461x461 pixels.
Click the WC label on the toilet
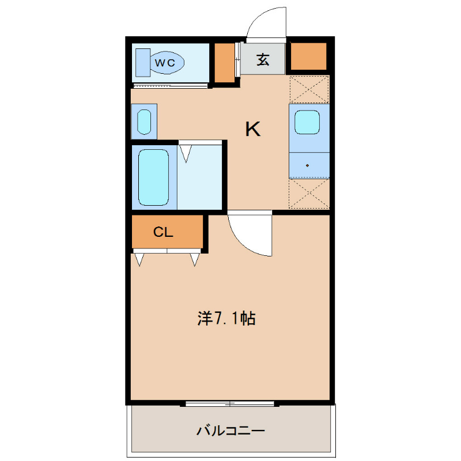click(165, 63)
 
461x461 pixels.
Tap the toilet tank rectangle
click(143, 63)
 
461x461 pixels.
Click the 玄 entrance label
click(263, 59)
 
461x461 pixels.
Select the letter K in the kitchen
click(253, 129)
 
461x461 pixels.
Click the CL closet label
click(163, 232)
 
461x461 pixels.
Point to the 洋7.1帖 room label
click(226, 318)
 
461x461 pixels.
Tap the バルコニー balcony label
click(231, 431)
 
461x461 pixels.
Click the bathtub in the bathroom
click(153, 177)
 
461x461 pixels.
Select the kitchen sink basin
click(307, 122)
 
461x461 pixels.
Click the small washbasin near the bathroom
click(144, 122)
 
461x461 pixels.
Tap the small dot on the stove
click(307, 165)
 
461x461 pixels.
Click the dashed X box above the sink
click(309, 89)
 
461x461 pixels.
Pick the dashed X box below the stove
click(309, 193)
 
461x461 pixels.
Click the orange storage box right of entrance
click(309, 56)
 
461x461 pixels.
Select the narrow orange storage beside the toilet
click(225, 63)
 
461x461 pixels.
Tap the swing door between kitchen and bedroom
click(250, 234)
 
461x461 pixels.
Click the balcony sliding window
click(229, 404)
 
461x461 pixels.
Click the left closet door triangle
click(139, 259)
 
